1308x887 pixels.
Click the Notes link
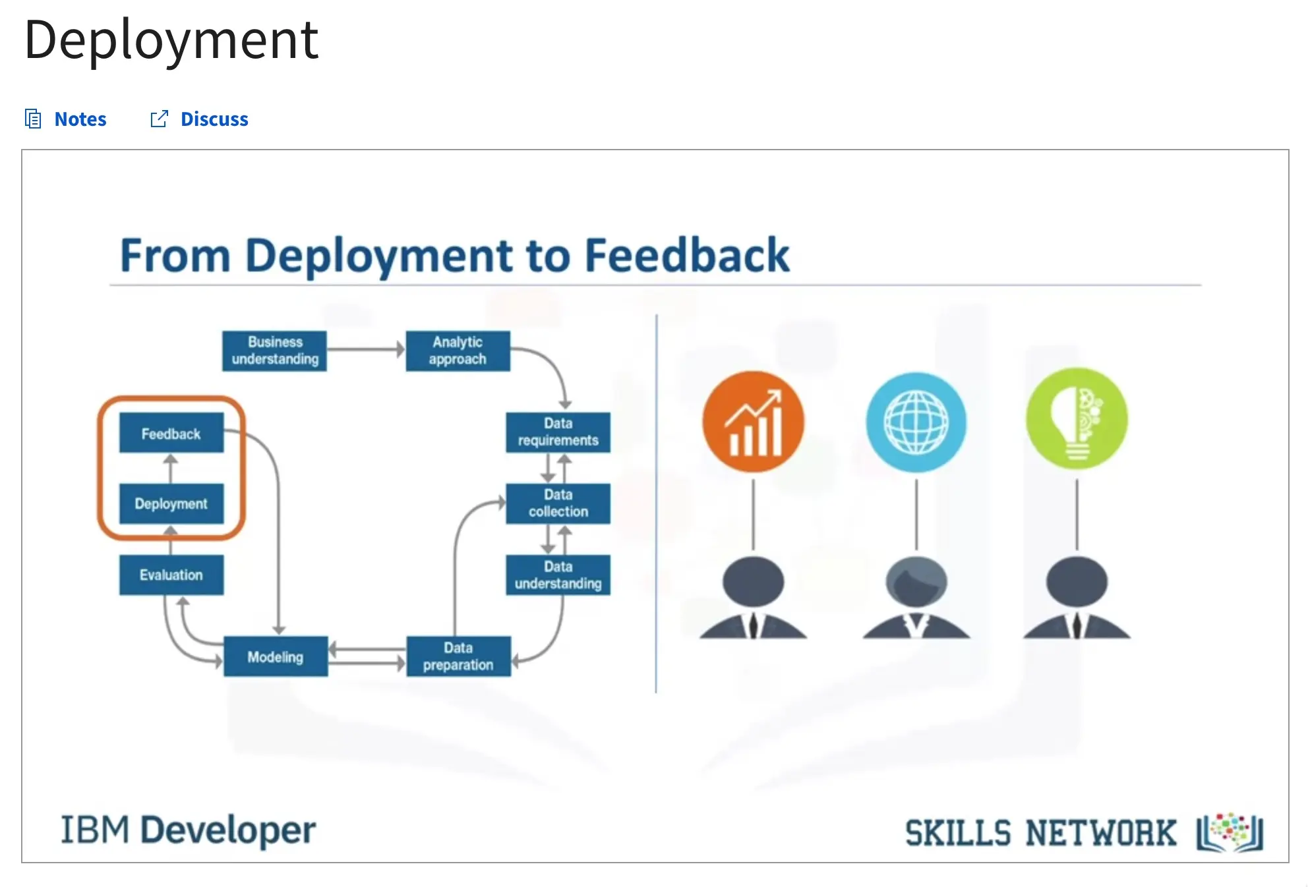[65, 119]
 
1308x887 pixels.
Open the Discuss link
[199, 119]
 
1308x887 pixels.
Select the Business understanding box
[274, 351]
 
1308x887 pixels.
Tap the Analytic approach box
[458, 351]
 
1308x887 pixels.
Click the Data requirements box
[558, 432]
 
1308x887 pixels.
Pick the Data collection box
[558, 503]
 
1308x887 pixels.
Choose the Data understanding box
[558, 575]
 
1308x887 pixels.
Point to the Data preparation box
[458, 656]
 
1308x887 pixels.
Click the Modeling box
[276, 656]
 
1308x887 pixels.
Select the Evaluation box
[171, 575]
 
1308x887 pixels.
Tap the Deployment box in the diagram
[171, 503]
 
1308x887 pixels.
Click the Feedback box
[171, 433]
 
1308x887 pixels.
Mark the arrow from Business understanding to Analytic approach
[366, 349]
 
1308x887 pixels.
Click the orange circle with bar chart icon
[753, 422]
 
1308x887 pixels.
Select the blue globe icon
[916, 422]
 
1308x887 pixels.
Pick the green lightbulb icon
[1077, 418]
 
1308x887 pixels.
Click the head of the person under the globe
[916, 581]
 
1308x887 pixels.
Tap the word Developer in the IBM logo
[228, 830]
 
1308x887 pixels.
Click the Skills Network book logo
[1230, 833]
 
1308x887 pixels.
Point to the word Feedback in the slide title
[687, 256]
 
